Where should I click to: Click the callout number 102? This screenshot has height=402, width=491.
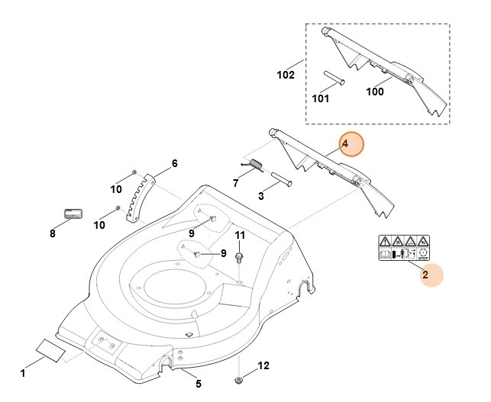(286, 75)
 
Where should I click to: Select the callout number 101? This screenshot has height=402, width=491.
(321, 98)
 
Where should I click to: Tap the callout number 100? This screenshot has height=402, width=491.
(375, 92)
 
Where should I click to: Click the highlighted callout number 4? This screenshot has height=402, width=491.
(344, 144)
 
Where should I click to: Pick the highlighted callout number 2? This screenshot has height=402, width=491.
(425, 275)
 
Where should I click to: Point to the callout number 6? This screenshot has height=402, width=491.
(174, 163)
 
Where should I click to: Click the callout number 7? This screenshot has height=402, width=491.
(235, 183)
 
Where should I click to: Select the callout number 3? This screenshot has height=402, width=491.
(261, 196)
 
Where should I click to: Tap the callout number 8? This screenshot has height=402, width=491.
(52, 233)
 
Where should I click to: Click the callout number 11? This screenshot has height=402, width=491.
(240, 235)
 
